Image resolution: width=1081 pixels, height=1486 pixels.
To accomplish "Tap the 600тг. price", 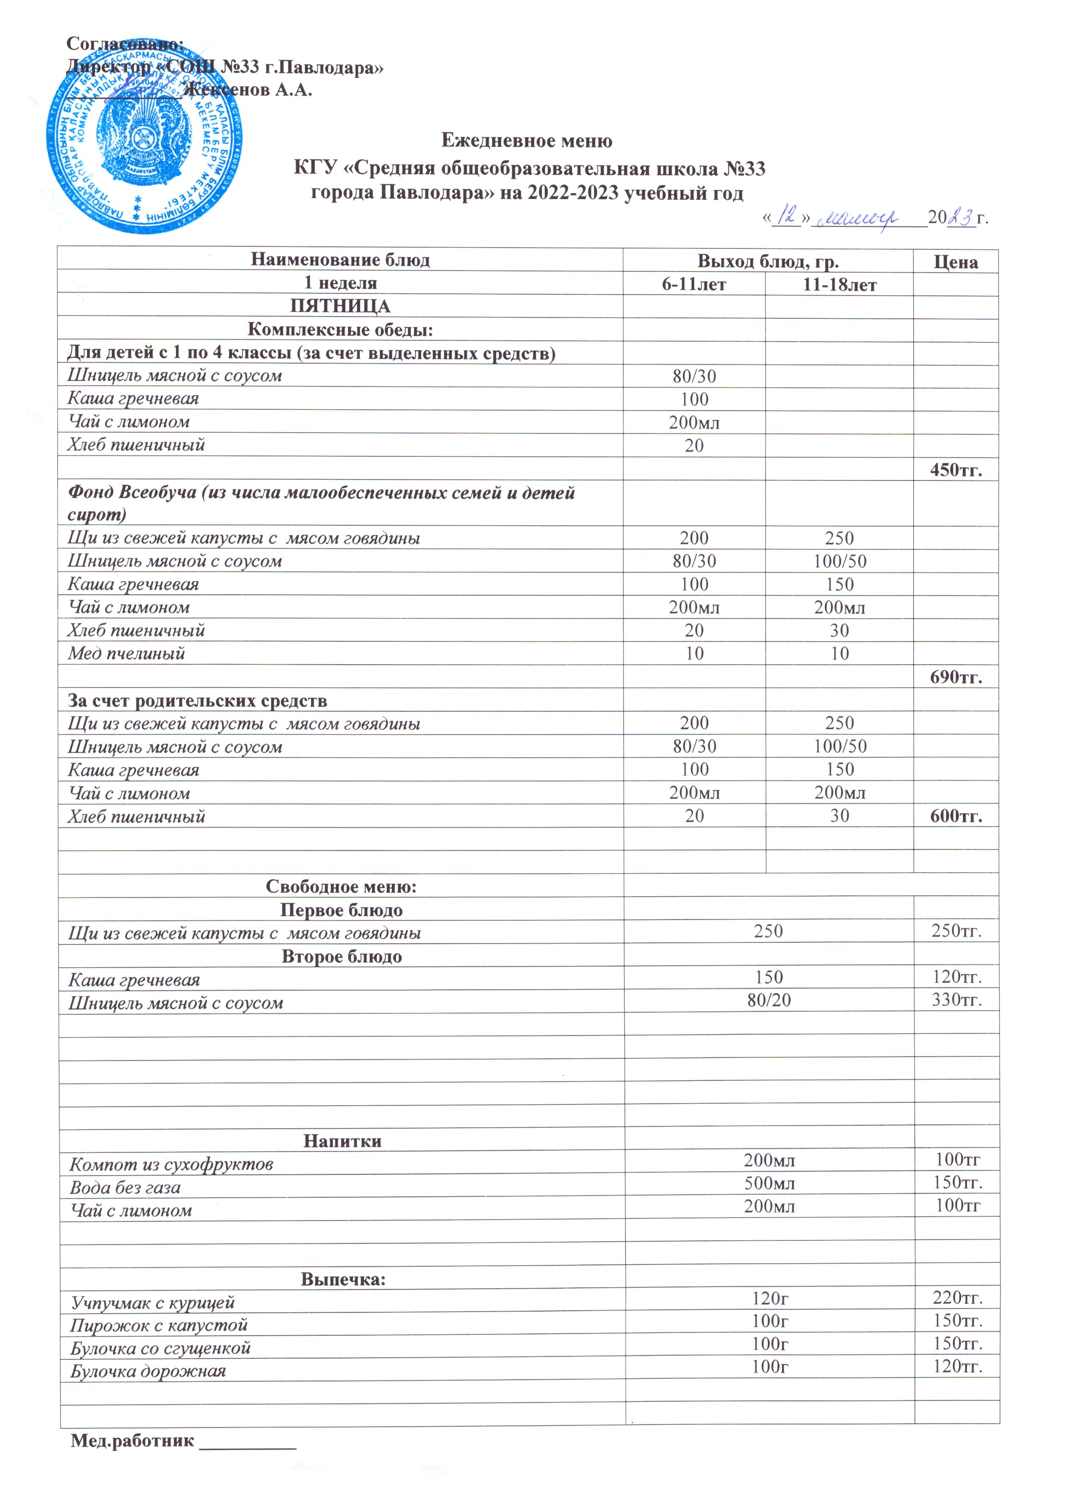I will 956,816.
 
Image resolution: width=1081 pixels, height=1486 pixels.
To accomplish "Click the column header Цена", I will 956,262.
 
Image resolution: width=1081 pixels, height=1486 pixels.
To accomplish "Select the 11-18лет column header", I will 839,284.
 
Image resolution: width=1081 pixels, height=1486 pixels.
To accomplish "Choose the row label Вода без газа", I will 125,1187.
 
